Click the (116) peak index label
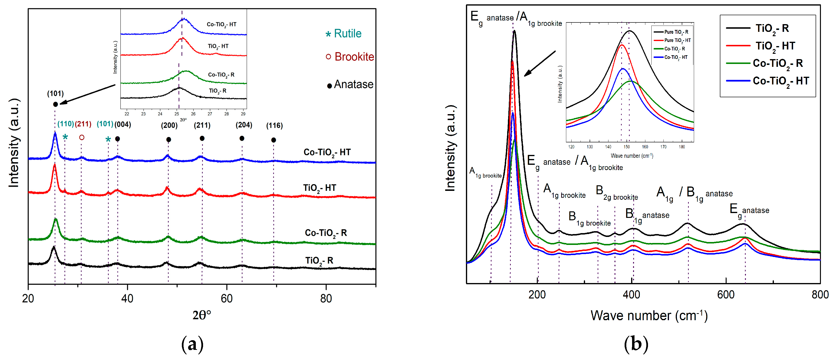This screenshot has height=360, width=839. tap(274, 125)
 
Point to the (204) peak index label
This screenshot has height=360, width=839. tap(244, 125)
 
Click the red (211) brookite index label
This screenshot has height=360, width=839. tap(83, 124)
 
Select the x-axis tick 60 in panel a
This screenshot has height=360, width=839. tap(226, 298)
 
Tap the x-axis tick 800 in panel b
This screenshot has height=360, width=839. tap(820, 295)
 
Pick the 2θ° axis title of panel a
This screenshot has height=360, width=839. tap(202, 315)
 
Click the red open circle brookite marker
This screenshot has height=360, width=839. tap(82, 138)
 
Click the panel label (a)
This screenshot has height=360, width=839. tap(192, 344)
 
